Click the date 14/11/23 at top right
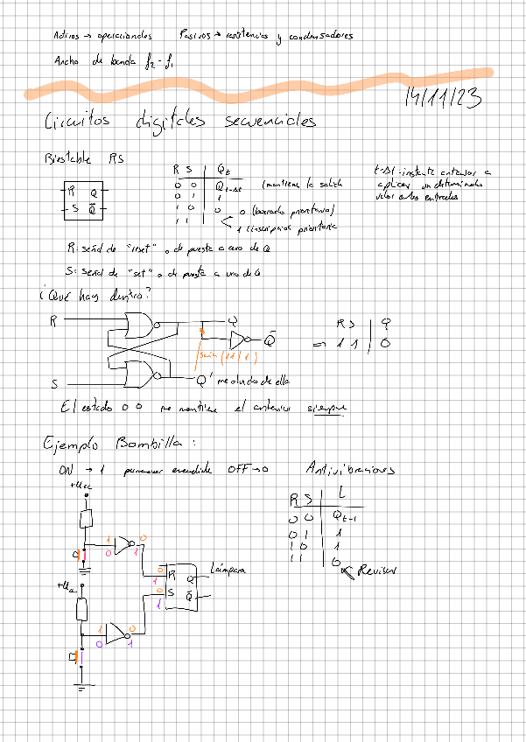tap(443, 99)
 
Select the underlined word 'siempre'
tap(326, 408)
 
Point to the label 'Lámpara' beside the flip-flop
tap(230, 570)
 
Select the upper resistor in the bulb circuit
tap(88, 519)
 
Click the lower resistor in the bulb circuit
tap(81, 609)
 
